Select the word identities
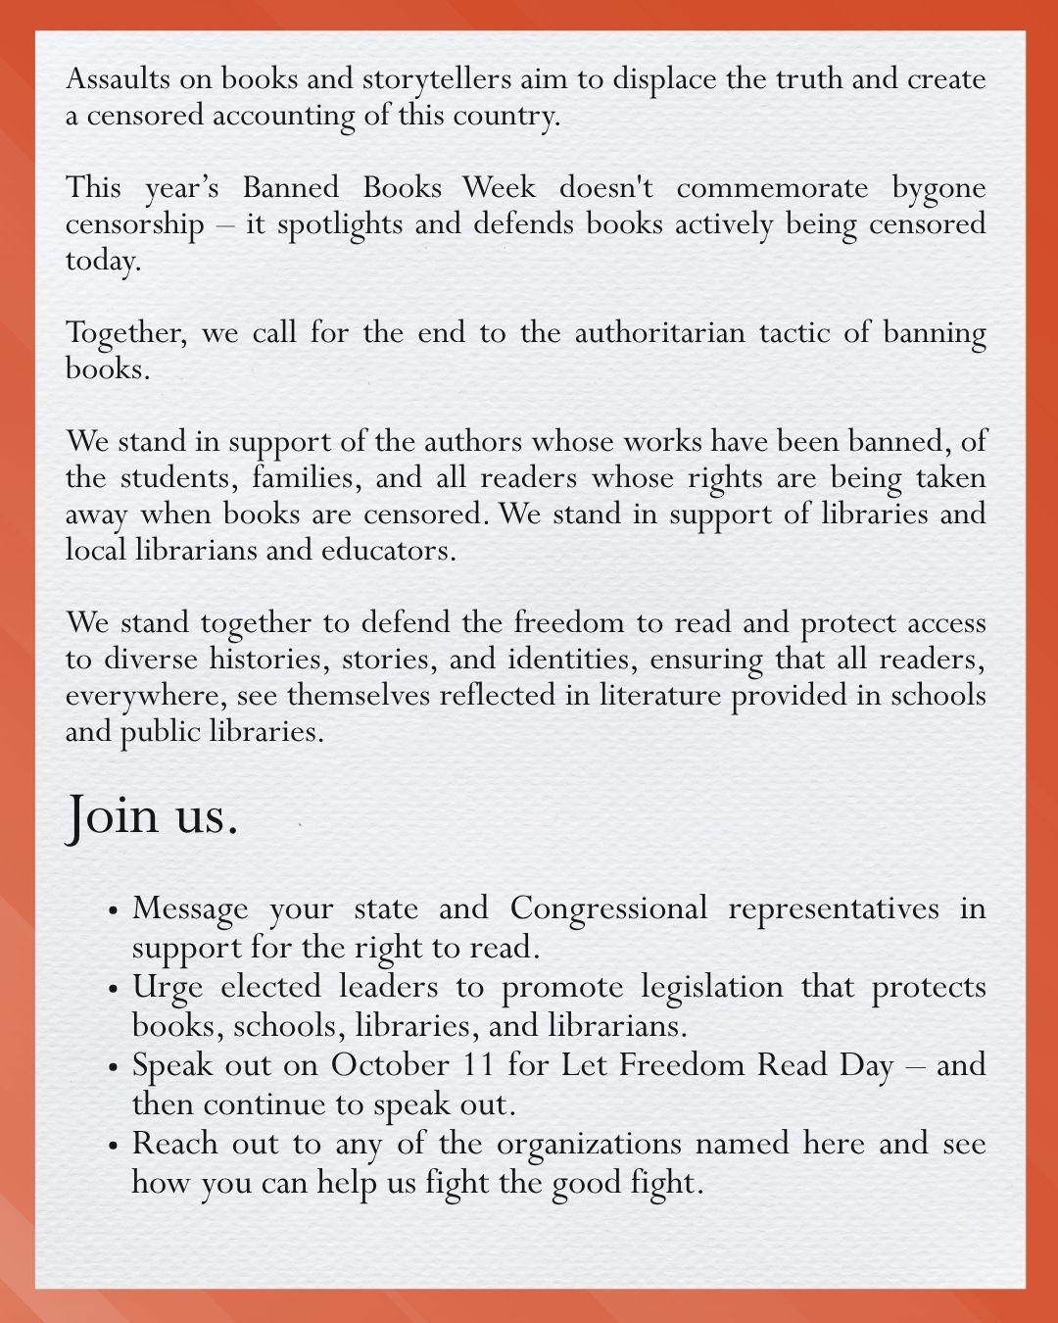tap(538, 659)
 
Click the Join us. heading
tap(152, 815)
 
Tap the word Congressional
tap(607, 909)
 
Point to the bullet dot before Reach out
tap(115, 1145)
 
